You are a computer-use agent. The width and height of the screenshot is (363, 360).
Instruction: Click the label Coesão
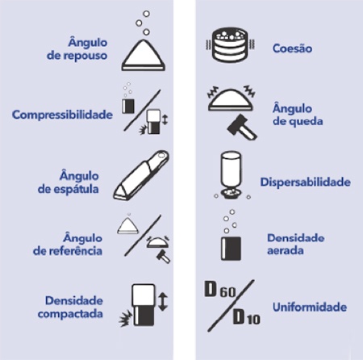click(x=292, y=48)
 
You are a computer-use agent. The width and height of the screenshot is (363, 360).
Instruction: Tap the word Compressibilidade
click(x=62, y=115)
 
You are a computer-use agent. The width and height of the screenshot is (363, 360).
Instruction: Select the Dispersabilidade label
click(x=306, y=182)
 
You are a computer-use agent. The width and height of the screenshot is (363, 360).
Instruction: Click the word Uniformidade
click(x=310, y=307)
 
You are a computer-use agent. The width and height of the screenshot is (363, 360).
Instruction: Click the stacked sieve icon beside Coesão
click(x=231, y=44)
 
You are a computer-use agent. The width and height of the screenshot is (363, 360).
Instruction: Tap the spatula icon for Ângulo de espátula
click(x=141, y=175)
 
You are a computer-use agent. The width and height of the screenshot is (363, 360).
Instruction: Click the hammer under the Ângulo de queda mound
click(x=242, y=128)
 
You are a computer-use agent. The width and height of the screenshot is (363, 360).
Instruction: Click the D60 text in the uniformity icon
click(x=220, y=289)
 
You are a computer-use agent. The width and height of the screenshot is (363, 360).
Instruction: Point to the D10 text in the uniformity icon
click(x=246, y=316)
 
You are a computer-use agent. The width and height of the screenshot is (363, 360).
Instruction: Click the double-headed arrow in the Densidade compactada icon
click(x=163, y=302)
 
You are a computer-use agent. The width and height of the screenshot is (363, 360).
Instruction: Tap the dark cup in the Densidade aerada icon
click(x=231, y=249)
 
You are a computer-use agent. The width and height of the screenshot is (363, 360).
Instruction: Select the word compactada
click(x=70, y=314)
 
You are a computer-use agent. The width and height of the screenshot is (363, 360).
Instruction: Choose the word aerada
click(x=286, y=250)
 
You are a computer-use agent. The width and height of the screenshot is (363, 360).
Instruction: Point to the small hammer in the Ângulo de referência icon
click(x=163, y=257)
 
